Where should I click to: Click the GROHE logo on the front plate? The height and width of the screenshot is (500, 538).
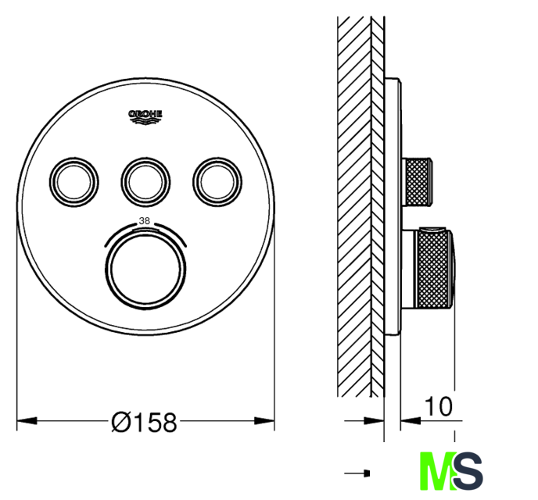click(x=145, y=117)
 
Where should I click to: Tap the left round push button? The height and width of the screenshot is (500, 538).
click(x=74, y=182)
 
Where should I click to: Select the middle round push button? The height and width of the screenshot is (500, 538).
click(x=145, y=182)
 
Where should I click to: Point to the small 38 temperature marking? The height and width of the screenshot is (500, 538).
click(x=145, y=221)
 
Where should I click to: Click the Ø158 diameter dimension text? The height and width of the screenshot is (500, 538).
click(x=144, y=422)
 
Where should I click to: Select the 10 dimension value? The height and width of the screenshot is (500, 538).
click(x=439, y=407)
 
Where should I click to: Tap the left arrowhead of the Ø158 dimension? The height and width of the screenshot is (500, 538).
click(x=27, y=420)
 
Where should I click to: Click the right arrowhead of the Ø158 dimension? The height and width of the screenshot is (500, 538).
click(x=264, y=420)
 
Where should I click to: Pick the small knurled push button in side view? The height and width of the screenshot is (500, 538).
click(x=417, y=182)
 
